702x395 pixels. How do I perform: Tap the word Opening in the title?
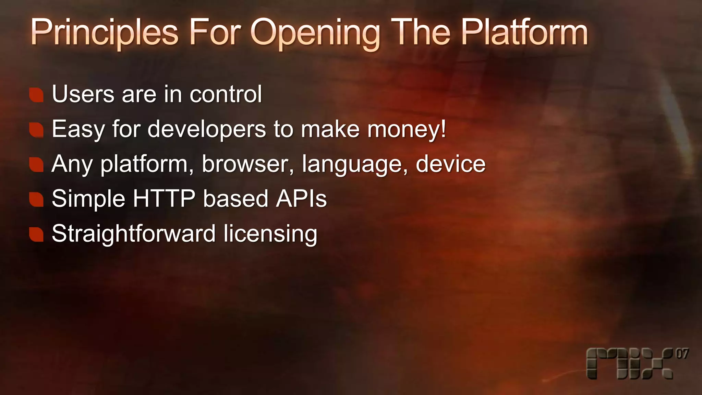(x=315, y=34)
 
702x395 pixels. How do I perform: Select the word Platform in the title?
(x=524, y=33)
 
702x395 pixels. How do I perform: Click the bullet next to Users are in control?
(x=36, y=95)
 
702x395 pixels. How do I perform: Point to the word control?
(x=226, y=94)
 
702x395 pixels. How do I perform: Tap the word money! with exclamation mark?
(x=407, y=130)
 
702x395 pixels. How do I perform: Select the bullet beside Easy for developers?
(x=36, y=130)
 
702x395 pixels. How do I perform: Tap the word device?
(x=450, y=164)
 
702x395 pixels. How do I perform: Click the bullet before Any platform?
(x=36, y=165)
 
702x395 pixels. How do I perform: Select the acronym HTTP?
(x=164, y=199)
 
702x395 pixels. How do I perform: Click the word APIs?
(x=301, y=199)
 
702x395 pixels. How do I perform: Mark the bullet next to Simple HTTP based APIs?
(x=36, y=200)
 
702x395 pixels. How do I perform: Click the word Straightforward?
(x=134, y=234)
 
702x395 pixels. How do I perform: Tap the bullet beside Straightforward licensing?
(x=36, y=235)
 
